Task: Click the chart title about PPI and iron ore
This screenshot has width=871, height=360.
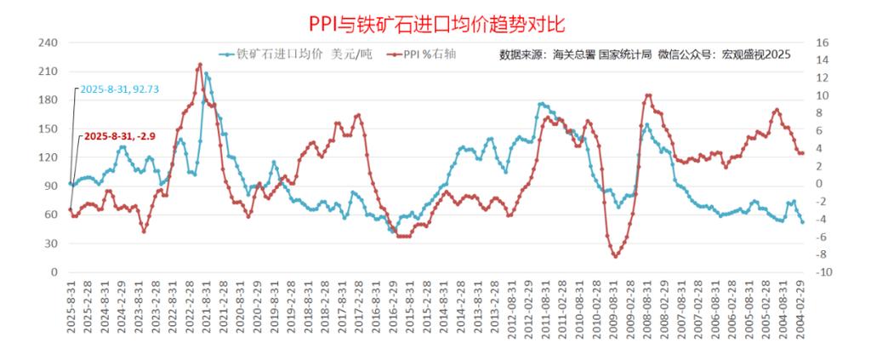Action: coord(435,19)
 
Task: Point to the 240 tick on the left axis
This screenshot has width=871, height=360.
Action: coord(48,43)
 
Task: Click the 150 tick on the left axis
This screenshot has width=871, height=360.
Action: coord(48,129)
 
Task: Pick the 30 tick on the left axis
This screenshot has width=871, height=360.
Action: coord(51,243)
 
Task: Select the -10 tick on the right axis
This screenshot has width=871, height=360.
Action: coord(823,272)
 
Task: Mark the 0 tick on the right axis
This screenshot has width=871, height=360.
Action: coord(820,184)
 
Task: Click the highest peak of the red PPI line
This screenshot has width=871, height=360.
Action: coord(200,64)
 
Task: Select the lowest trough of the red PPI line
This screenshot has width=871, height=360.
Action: coord(614,256)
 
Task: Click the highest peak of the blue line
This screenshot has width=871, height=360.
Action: coord(206,74)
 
